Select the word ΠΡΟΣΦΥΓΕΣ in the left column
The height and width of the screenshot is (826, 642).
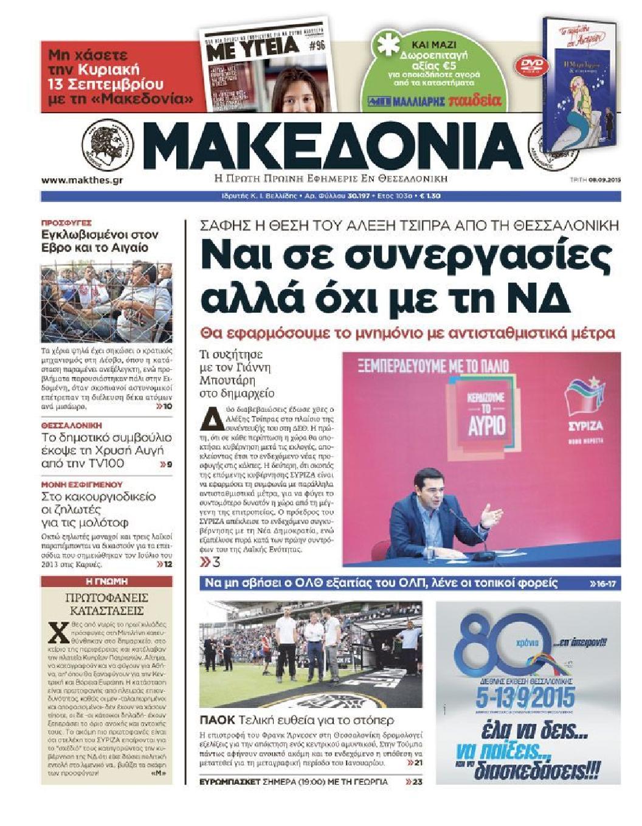tap(66, 223)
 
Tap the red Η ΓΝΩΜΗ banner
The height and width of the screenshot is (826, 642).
tap(106, 581)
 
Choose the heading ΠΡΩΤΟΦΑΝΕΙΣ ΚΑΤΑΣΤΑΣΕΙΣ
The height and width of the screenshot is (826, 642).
tap(106, 604)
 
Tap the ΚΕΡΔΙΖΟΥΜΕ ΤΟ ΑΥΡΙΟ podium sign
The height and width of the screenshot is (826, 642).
tap(486, 417)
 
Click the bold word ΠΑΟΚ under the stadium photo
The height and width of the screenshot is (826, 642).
tap(217, 721)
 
